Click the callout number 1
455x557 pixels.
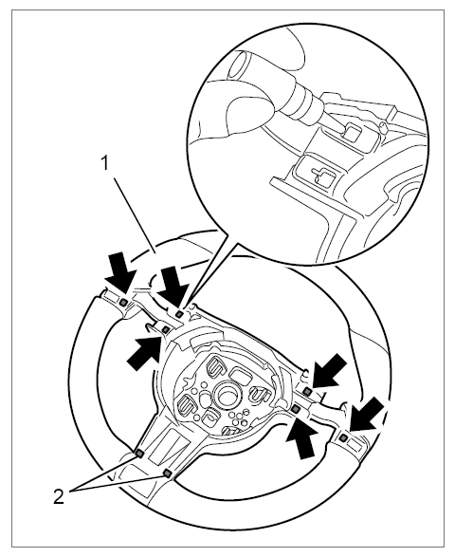pos(104,164)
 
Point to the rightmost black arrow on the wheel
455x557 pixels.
pos(368,416)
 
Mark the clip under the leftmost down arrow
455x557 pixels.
pos(123,303)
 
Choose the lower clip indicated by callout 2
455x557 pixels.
pos(167,473)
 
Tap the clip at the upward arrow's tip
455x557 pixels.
pos(295,409)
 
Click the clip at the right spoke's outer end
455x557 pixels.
pos(343,438)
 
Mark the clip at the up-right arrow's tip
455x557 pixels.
pos(165,330)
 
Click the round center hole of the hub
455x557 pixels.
pos(227,396)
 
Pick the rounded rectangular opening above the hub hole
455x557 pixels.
pos(241,375)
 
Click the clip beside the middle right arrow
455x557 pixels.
pos(307,392)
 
